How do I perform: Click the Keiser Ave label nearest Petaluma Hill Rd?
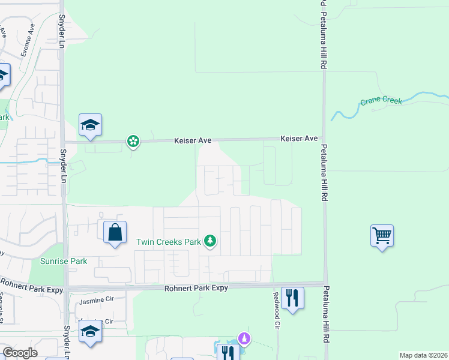point(299,139)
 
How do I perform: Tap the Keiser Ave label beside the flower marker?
point(193,140)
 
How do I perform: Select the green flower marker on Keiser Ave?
point(133,142)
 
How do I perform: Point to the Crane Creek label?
point(381,101)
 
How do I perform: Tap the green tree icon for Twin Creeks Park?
point(209,241)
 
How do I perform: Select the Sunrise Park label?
point(64,261)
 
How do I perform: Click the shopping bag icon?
point(115,231)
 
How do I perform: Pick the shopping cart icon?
point(382,235)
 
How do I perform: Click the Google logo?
point(20,353)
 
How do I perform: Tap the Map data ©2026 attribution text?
point(423,355)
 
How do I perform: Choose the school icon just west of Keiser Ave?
point(90,125)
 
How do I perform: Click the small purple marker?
point(244,338)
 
